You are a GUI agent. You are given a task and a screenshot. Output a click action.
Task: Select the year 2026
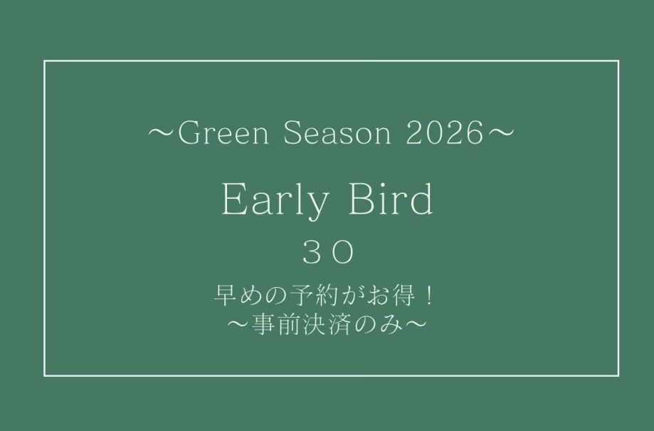(x=443, y=135)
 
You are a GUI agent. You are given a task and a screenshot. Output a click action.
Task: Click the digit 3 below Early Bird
(x=311, y=252)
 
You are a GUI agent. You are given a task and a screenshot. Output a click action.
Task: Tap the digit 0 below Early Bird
(x=342, y=252)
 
